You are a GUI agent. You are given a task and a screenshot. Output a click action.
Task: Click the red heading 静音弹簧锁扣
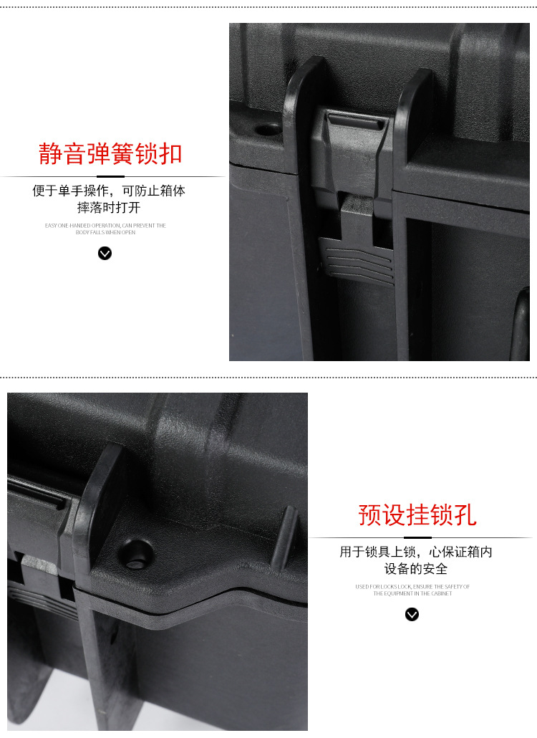point(110,154)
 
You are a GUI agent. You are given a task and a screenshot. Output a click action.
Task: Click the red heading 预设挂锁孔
point(417,515)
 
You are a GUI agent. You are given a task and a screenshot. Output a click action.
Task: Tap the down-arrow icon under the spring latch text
point(105,253)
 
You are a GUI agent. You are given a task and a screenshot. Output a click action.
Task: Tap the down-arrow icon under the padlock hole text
point(412,614)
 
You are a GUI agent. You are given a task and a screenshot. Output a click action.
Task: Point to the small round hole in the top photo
point(268,130)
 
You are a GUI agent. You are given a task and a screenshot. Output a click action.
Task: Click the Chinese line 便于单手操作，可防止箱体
point(109,191)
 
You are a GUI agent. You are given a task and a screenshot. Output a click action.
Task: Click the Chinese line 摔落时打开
point(109,208)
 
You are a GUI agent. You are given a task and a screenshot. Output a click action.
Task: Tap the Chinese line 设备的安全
point(416,569)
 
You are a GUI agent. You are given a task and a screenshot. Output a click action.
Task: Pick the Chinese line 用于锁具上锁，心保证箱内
point(416,552)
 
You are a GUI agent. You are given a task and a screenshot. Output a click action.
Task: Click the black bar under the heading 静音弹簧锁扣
point(110,176)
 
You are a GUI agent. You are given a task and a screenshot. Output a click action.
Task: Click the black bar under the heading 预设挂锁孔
point(417,537)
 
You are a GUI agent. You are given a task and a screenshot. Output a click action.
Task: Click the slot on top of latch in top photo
point(356,123)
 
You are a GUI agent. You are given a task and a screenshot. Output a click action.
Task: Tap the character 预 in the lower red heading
point(370,515)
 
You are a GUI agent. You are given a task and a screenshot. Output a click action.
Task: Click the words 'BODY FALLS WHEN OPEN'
point(105,233)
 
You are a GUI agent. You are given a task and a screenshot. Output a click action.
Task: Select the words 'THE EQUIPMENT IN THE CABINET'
point(412,594)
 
